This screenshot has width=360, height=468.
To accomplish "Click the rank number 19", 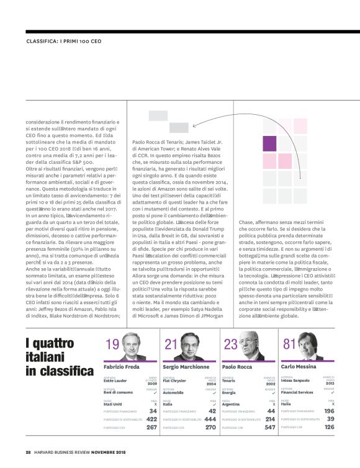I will [x=113, y=344].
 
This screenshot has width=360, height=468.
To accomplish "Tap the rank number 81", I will [x=289, y=344].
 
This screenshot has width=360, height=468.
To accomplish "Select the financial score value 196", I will [x=328, y=411].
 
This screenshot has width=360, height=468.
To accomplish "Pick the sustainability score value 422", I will [x=151, y=420].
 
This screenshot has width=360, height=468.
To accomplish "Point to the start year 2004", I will [x=211, y=384].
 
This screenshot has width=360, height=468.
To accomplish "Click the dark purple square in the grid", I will [x=269, y=144].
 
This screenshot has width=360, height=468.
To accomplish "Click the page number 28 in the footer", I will [x=29, y=451].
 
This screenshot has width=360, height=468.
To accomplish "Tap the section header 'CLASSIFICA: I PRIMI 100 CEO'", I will [x=65, y=42].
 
